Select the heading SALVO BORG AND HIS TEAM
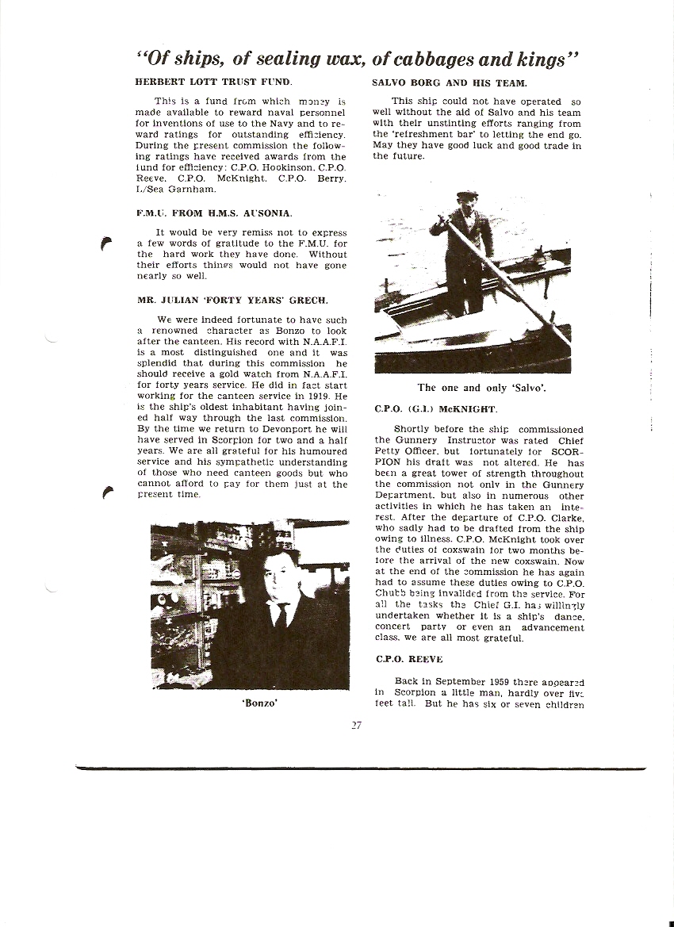[x=450, y=82]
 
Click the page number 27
[x=356, y=725]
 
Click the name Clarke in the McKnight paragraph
[x=565, y=517]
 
